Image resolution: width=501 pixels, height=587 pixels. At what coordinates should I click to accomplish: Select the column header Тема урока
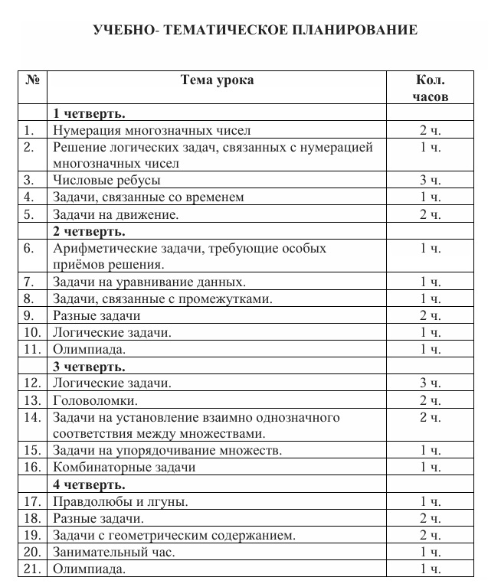coord(217,80)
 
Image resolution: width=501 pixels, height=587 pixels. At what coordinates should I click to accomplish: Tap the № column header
coord(33,80)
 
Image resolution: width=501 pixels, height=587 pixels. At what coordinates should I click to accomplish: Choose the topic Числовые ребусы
coord(106,181)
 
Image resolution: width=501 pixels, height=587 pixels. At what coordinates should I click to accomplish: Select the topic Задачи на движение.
coord(116,214)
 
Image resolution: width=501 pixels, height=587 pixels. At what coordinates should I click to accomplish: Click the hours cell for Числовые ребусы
coord(430,181)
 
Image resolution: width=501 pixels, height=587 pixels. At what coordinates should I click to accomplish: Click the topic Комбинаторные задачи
coord(124,467)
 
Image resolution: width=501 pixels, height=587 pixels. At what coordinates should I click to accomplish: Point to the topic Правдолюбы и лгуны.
coord(120,501)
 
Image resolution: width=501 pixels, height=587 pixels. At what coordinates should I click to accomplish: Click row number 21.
coord(32,569)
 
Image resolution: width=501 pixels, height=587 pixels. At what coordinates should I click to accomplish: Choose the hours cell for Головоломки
coord(430,399)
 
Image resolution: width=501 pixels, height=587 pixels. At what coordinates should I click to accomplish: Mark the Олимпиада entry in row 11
coord(89,349)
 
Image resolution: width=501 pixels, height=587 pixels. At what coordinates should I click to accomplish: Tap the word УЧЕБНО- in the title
coord(123,30)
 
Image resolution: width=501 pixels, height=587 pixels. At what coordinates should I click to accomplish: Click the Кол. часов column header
coord(430,88)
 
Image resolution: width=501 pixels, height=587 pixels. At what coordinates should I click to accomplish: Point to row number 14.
coord(32,417)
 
